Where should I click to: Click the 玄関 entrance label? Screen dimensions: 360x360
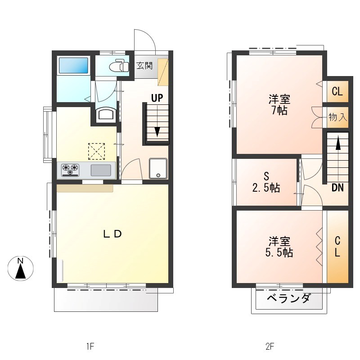coord(144,66)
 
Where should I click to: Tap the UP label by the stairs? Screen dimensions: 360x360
coord(157,98)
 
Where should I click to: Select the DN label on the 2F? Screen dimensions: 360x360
coord(337,188)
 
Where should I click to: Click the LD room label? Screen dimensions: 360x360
coord(112,234)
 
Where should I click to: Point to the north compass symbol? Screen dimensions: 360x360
coord(21,268)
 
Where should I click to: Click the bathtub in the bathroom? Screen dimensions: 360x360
coord(73,65)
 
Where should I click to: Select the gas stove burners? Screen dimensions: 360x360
coord(70,170)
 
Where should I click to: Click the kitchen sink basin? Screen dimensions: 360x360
coord(101,170)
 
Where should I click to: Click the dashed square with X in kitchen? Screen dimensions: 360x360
coord(96,151)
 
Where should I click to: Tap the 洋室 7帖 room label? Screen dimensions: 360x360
coord(279,104)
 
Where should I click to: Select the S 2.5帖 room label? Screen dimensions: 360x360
coord(266,182)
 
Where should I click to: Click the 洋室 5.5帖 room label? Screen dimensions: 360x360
coord(279,247)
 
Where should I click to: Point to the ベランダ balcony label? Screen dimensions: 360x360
coord(289,298)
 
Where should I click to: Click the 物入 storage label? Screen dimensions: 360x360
coord(338,117)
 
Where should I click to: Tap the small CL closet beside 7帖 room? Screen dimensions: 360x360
coord(337,91)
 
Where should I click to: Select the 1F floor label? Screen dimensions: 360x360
coord(90,346)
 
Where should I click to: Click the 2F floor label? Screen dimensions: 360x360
coord(270,346)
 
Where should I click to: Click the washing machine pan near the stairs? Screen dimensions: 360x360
coord(158,168)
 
